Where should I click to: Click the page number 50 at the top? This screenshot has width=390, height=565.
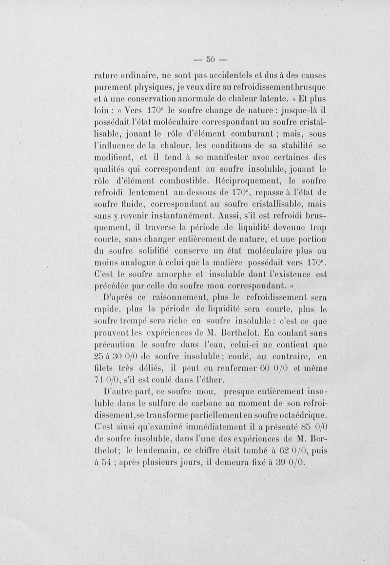tap(210, 60)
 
